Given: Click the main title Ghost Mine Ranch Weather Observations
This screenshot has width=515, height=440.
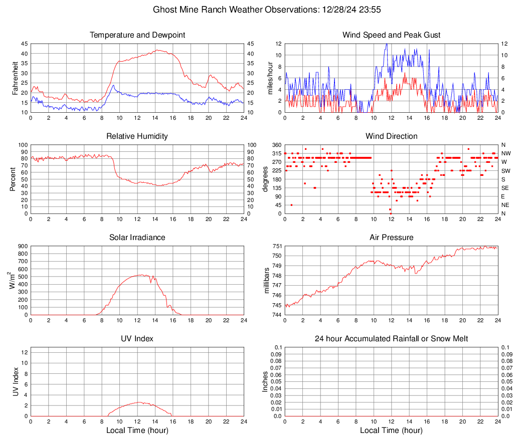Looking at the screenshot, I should (x=257, y=10).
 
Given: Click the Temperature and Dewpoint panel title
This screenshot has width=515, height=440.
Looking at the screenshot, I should (x=137, y=35).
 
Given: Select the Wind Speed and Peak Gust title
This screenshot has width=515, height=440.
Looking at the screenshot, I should (x=391, y=35).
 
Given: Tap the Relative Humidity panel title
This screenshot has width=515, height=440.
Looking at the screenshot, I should (x=137, y=136).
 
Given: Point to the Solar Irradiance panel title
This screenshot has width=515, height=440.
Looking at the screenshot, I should (x=137, y=238).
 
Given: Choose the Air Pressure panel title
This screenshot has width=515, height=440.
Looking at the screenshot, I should (x=391, y=238).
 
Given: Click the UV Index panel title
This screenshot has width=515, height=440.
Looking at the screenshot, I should (x=137, y=339).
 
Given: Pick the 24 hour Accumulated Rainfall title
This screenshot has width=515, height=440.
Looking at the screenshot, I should (x=391, y=339).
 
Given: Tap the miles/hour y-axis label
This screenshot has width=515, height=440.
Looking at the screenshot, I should (x=270, y=78).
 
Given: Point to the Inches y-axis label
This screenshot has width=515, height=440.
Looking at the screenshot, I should (x=266, y=381).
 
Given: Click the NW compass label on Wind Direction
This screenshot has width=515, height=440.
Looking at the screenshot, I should (x=506, y=153).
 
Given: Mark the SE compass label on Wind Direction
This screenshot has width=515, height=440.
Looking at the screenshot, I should (x=505, y=188).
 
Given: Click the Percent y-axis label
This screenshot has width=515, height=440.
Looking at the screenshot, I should (x=13, y=179).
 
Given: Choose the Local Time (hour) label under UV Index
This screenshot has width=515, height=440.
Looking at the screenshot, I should (x=137, y=430).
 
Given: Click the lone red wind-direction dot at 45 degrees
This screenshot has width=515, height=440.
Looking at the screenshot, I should (x=291, y=205).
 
